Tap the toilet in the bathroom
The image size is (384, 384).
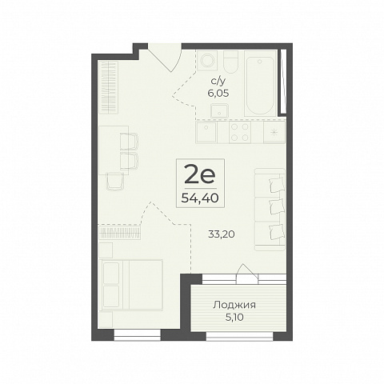coord(230,62)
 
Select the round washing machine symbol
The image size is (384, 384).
coord(207,60)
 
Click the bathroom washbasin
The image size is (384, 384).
coord(219,111)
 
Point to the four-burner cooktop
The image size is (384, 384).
coord(240,132)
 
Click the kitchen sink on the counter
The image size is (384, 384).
coord(206,132)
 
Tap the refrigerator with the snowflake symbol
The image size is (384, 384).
coord(274,132)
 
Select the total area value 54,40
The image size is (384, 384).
coord(200,198)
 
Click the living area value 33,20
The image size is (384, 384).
coord(222,234)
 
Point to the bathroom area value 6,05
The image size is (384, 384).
coord(218,94)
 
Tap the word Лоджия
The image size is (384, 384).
coord(234,305)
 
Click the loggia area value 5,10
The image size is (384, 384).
coord(234,318)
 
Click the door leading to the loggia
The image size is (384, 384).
coord(247,274)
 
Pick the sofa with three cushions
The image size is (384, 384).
coord(270,210)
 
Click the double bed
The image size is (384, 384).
coord(132,285)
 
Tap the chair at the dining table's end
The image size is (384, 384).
coord(115,181)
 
